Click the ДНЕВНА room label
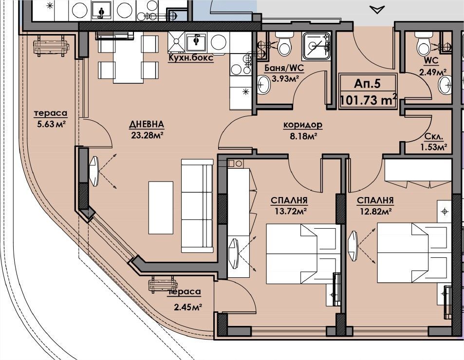[x=147, y=124]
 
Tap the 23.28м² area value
[x=148, y=135]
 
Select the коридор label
[x=303, y=125]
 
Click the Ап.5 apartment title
[x=367, y=84]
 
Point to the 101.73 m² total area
[x=368, y=100]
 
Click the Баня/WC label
[x=284, y=68]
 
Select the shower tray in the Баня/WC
[x=316, y=46]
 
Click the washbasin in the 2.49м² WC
[x=445, y=85]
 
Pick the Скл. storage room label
[x=433, y=137]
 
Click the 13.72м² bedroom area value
[x=289, y=211]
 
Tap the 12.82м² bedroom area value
[x=375, y=211]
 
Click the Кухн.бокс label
[x=190, y=57]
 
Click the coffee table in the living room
[x=161, y=208]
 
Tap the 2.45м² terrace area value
[x=188, y=307]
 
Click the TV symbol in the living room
[x=94, y=171]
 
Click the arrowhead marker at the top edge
[x=377, y=10]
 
